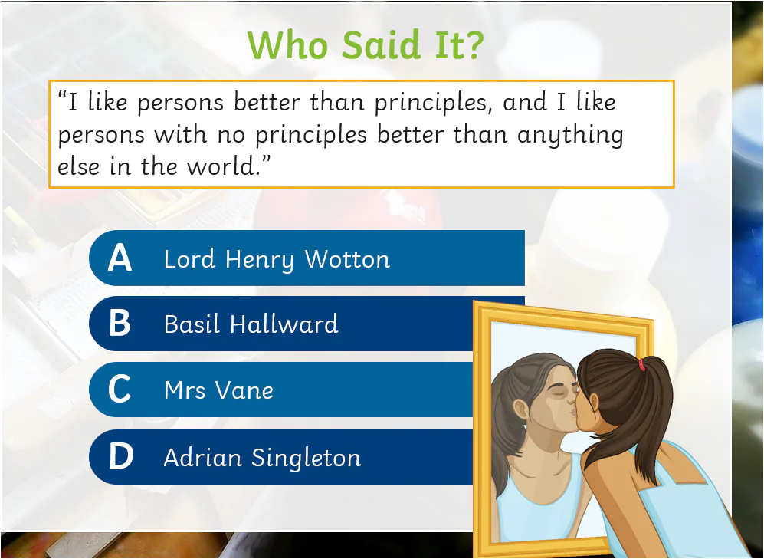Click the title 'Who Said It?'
(366, 45)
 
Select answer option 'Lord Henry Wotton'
(277, 259)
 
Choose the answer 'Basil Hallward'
(251, 324)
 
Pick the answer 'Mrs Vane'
(218, 390)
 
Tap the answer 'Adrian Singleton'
(262, 458)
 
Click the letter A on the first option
(120, 258)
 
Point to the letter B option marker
(120, 324)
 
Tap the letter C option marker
(120, 390)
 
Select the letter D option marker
(120, 458)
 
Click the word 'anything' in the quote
(570, 135)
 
